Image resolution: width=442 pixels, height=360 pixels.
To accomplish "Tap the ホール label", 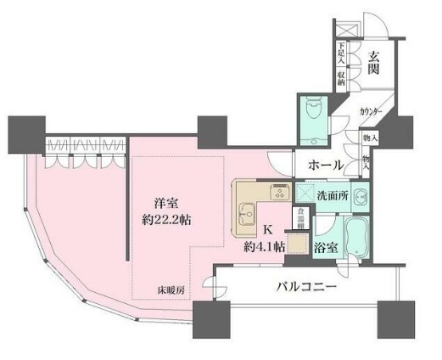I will point(325,164).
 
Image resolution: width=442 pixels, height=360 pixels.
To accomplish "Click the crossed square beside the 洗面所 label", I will point(301,195).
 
